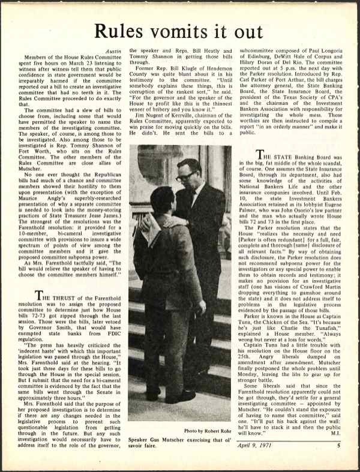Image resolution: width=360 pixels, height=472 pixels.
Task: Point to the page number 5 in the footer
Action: point(337,462)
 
